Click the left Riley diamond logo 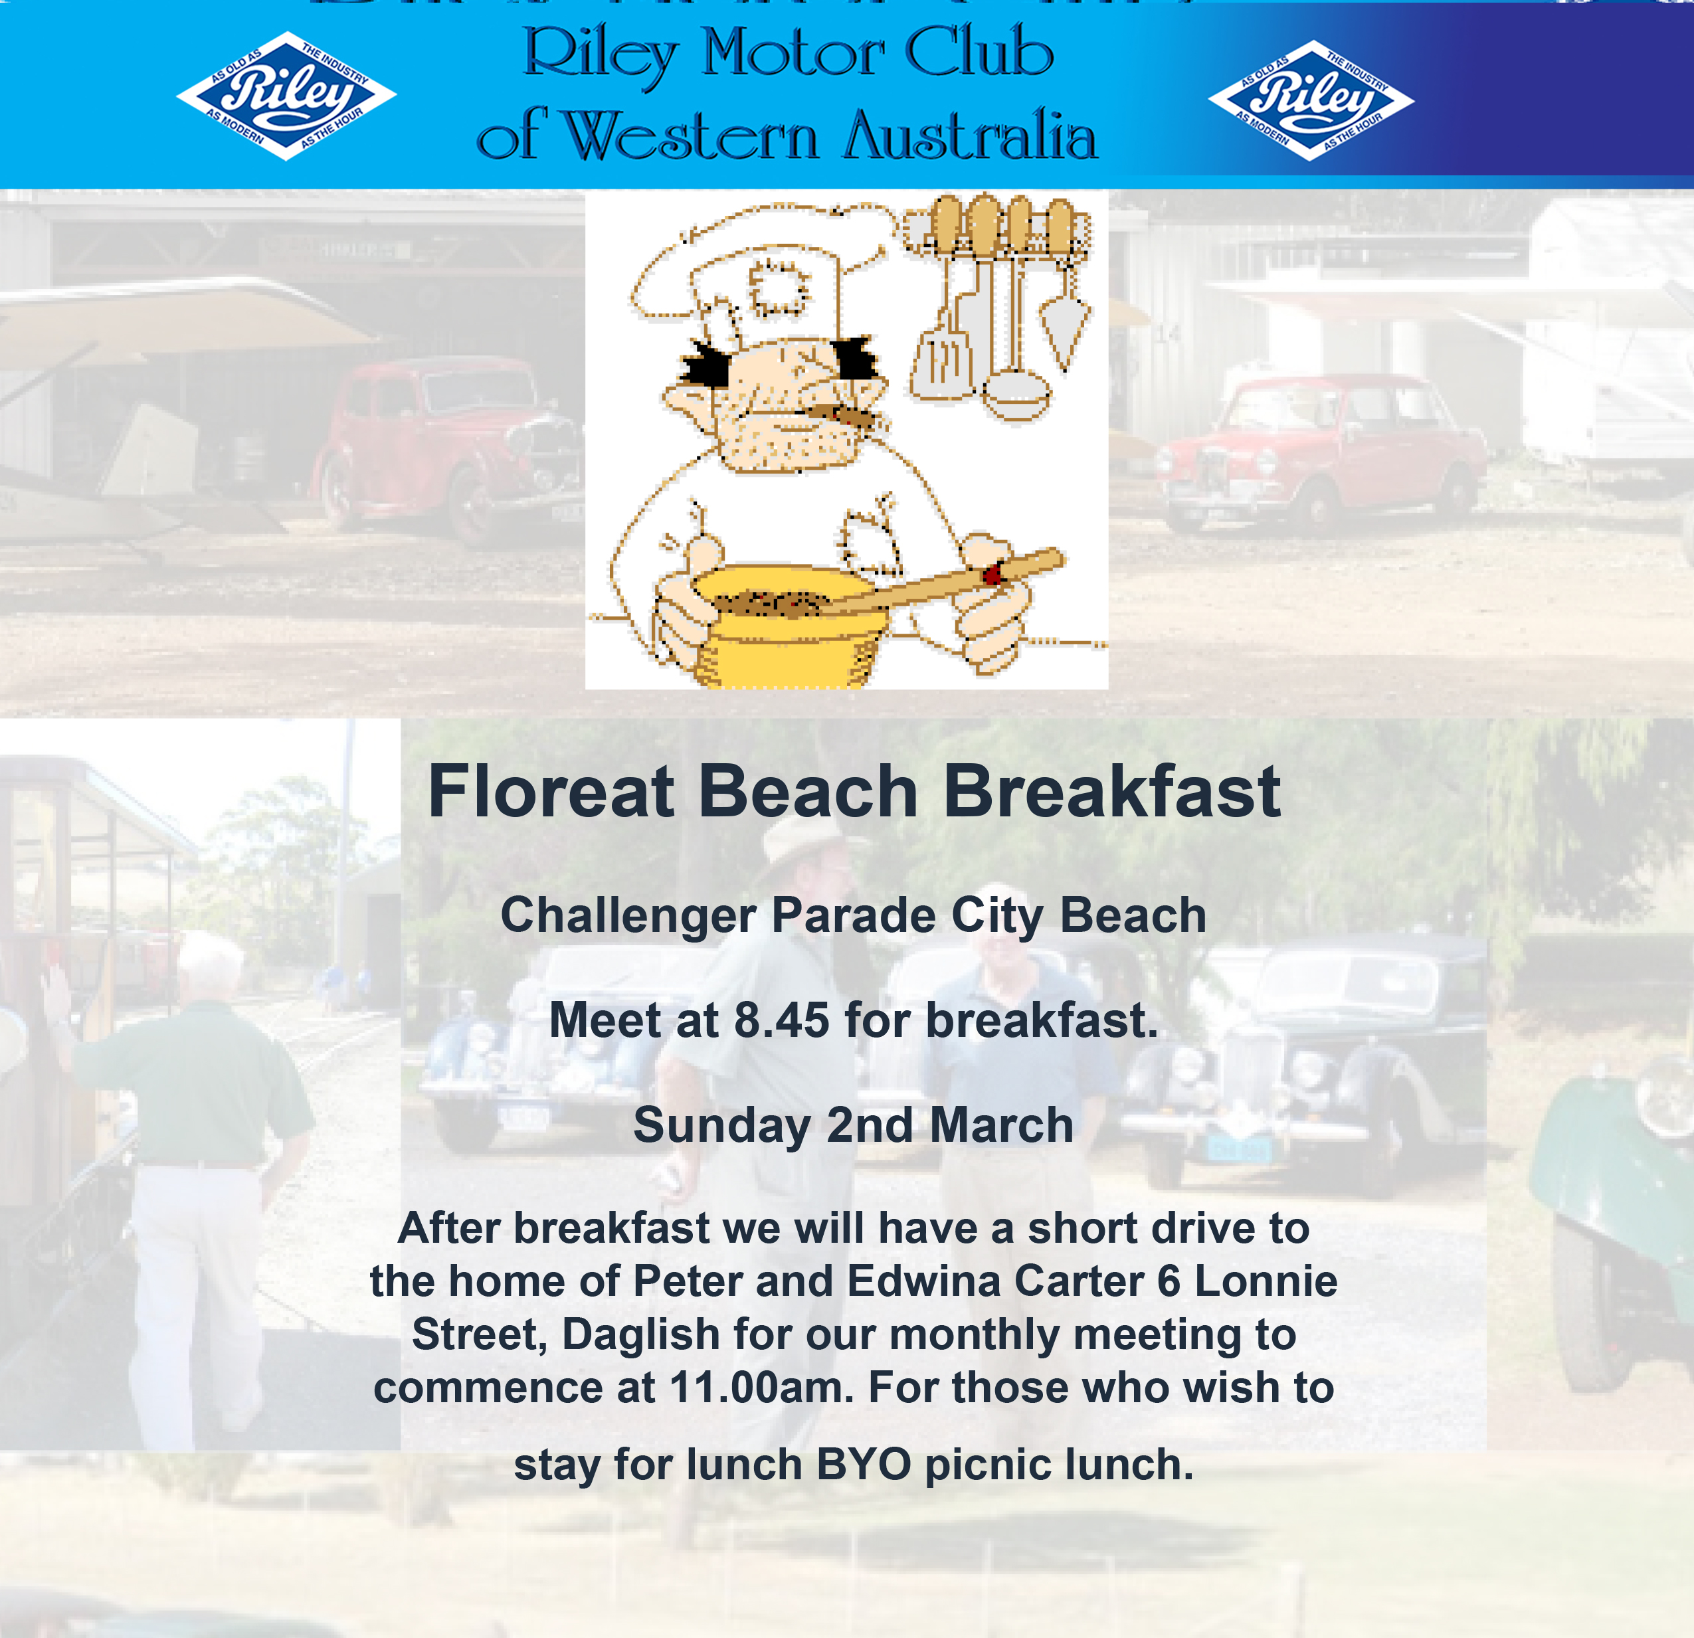coord(286,96)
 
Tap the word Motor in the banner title coord(793,54)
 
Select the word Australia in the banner coord(971,135)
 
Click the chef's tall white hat coord(761,268)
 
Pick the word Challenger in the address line coord(628,915)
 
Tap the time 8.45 coord(781,1020)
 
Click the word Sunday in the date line coord(721,1125)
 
